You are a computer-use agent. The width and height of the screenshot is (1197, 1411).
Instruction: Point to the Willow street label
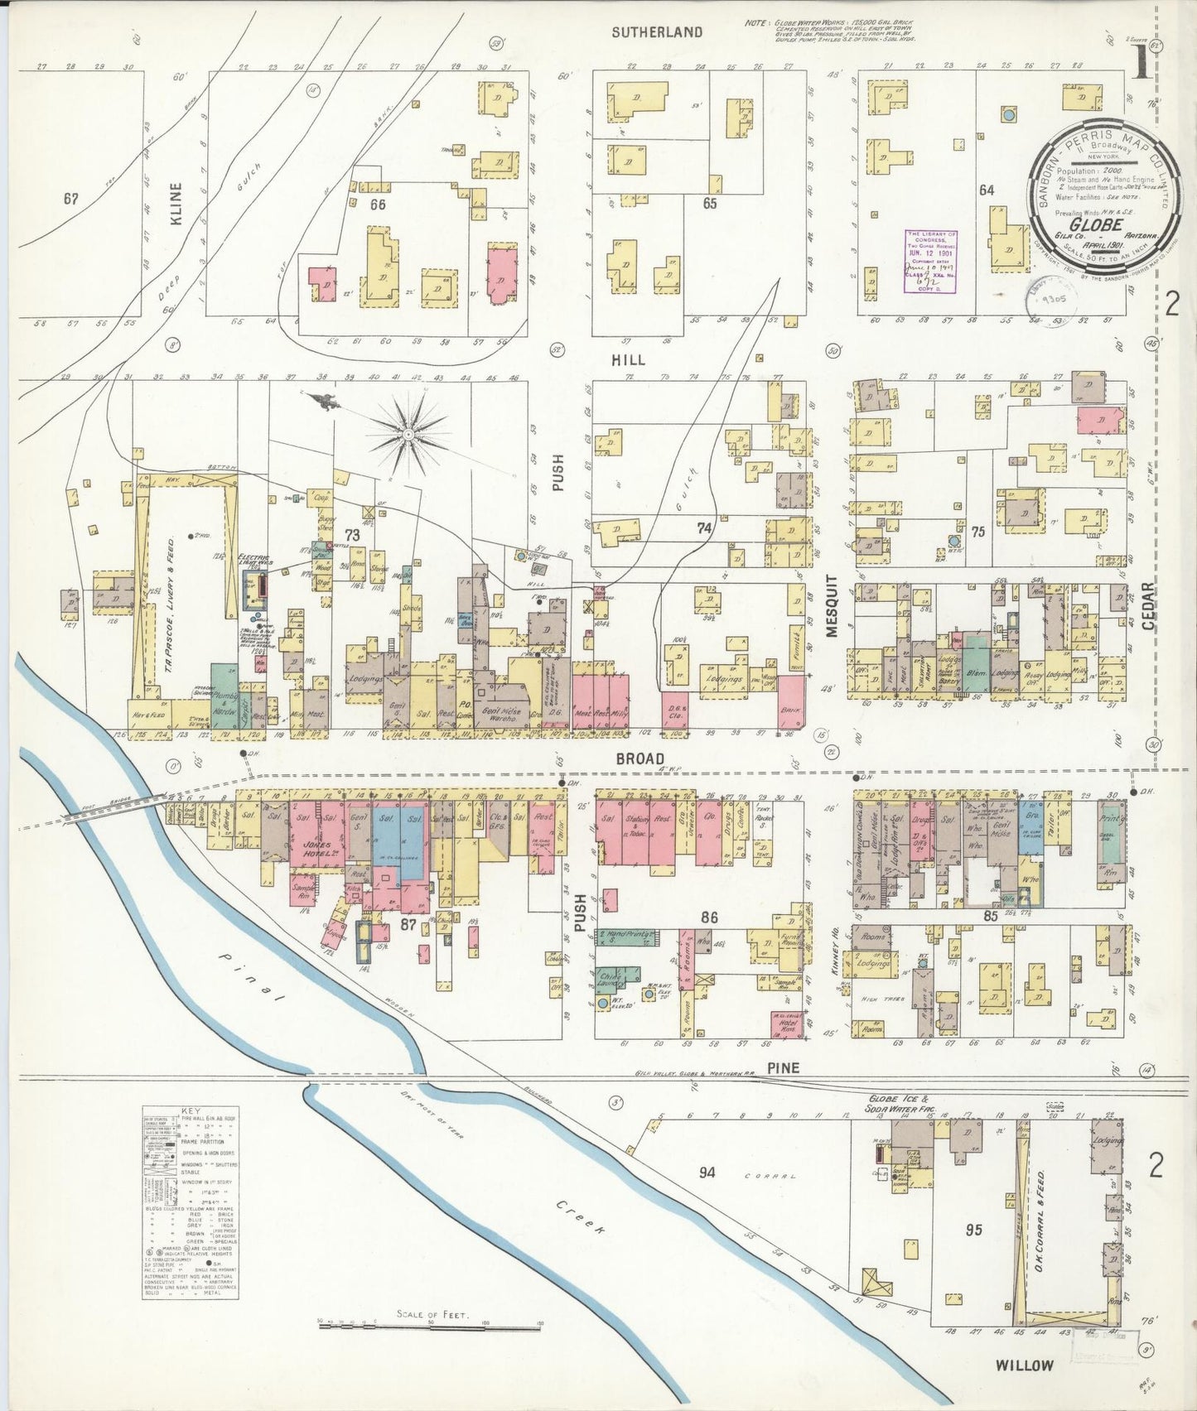pos(1024,1365)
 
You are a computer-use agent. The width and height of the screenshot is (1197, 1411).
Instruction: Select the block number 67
pos(70,199)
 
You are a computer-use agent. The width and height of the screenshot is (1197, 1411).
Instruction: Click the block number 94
pos(707,1172)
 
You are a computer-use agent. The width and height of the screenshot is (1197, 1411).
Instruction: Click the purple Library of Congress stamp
pos(929,261)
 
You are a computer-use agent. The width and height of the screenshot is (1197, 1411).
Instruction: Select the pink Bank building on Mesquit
pos(789,702)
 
